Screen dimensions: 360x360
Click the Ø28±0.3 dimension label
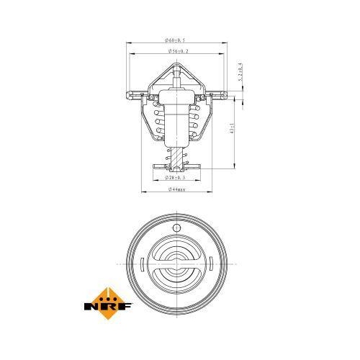[x=175, y=176]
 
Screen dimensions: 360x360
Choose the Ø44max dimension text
[x=175, y=190]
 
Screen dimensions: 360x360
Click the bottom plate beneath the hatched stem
[x=175, y=166]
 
